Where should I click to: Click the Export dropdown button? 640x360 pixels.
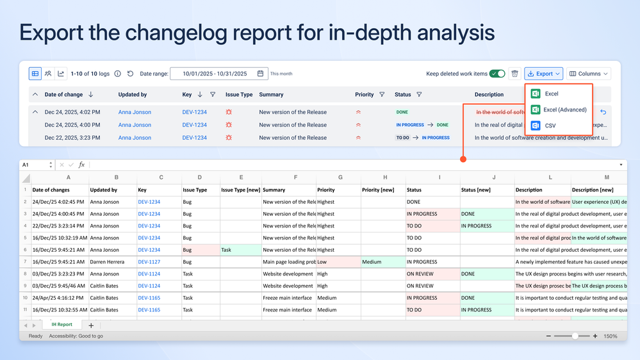(543, 74)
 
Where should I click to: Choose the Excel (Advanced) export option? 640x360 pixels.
(564, 110)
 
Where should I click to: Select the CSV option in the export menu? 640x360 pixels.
(550, 126)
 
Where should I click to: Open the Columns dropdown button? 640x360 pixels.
(588, 74)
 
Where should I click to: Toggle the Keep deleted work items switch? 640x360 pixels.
(497, 74)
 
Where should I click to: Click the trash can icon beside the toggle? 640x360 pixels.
(514, 74)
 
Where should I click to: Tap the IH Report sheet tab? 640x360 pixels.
(62, 325)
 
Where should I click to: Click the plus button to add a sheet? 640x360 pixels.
(91, 325)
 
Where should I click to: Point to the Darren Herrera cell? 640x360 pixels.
(111, 262)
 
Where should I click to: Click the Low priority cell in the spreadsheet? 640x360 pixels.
(337, 262)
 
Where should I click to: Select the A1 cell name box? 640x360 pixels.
(35, 165)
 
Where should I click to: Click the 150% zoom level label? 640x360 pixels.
(610, 336)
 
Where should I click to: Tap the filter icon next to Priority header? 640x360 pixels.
(382, 94)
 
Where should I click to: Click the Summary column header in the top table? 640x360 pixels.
(271, 94)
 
